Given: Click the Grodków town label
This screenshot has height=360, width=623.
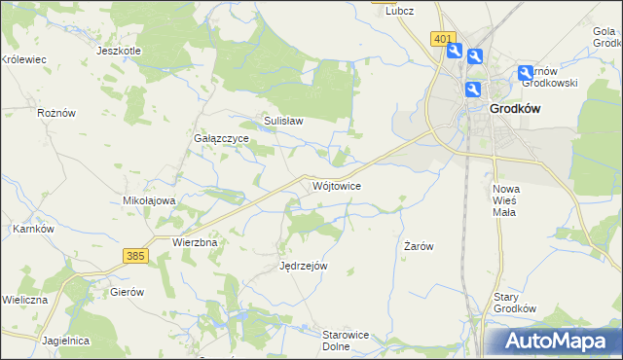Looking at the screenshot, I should (x=515, y=110).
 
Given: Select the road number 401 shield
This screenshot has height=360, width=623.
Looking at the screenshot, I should (x=443, y=39).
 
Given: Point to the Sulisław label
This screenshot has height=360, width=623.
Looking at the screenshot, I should (x=284, y=122).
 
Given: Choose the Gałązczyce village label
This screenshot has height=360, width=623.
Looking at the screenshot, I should (x=221, y=139).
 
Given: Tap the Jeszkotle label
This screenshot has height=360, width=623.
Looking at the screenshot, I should (x=120, y=51).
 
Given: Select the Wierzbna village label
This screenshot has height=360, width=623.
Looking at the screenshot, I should (x=193, y=241).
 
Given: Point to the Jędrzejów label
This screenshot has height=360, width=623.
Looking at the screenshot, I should (x=303, y=266).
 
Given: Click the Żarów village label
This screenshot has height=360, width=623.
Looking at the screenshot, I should (x=418, y=247).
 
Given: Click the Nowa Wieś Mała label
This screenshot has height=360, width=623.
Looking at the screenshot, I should (x=506, y=200).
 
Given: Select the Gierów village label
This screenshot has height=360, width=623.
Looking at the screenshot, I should (x=127, y=292).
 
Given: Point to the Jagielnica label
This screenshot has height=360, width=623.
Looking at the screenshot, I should (x=66, y=341).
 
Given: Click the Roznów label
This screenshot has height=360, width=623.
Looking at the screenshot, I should (x=55, y=113).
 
